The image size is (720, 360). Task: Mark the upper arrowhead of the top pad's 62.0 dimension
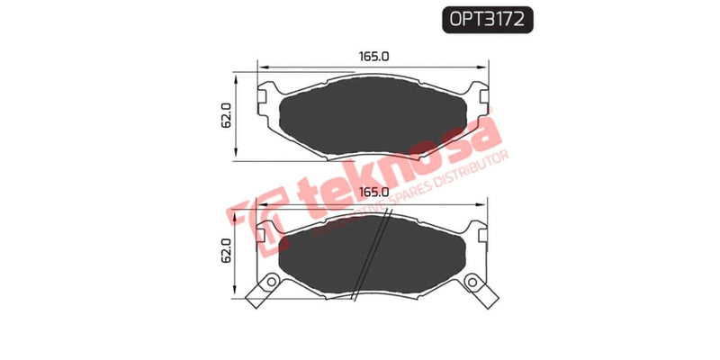point(236,75)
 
